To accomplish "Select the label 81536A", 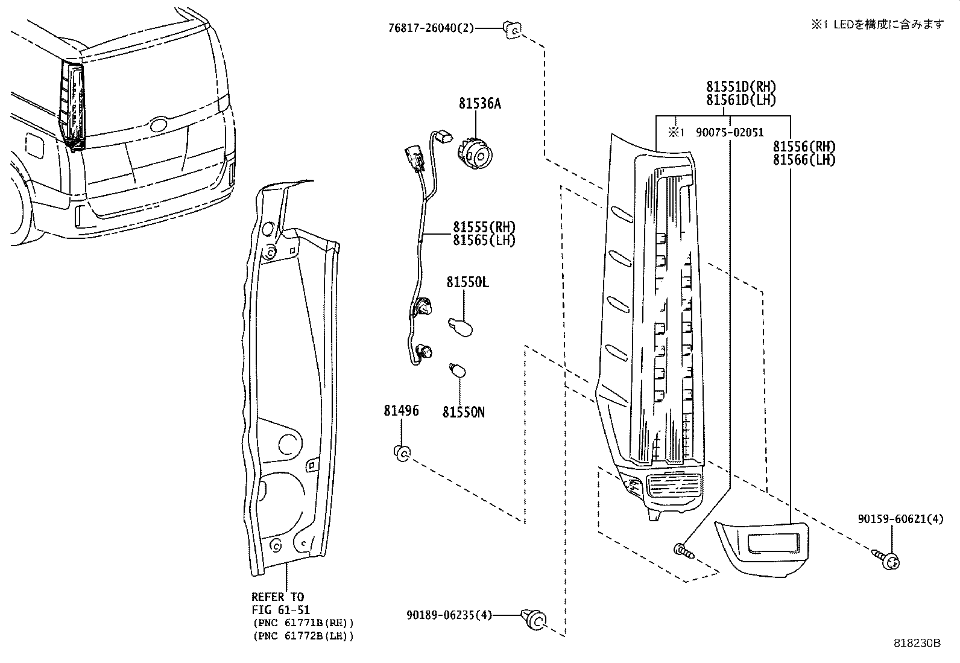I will coord(479,104).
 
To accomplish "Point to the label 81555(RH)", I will coord(484,227).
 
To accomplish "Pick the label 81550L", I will coord(467,282).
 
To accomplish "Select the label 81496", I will coord(401,411).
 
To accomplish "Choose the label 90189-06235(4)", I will coord(449,615).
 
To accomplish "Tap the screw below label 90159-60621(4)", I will coord(888,559).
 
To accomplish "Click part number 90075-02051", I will coord(730,132).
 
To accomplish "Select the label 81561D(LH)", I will coord(741,100).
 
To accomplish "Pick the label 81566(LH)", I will coord(804,160).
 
